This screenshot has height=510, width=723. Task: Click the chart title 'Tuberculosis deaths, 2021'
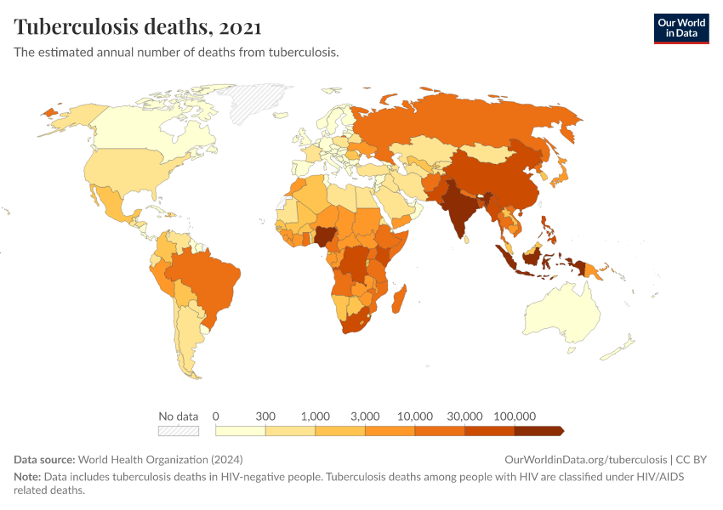(137, 27)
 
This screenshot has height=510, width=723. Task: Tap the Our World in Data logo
(680, 28)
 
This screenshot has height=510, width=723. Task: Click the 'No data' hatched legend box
(179, 431)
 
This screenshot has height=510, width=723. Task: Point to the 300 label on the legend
(265, 416)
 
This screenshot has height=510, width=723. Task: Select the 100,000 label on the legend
(514, 416)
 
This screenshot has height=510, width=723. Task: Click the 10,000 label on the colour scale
(415, 416)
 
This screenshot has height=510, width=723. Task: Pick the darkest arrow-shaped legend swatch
(538, 431)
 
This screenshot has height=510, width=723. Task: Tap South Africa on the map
(357, 324)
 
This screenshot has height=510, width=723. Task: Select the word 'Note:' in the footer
(27, 477)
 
